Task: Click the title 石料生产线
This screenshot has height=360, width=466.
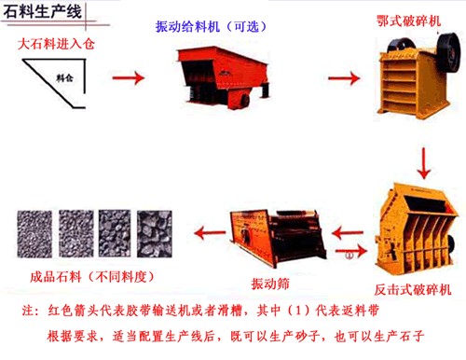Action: coord(43,12)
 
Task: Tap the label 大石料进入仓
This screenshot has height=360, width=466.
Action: coord(56,44)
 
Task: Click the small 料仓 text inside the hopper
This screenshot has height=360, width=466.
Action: coord(64,77)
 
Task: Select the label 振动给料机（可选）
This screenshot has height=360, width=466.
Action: coord(212,27)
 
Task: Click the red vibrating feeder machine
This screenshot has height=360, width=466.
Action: coord(222,77)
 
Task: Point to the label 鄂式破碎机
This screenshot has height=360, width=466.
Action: coord(408,21)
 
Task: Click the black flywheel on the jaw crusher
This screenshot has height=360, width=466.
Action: coord(448,52)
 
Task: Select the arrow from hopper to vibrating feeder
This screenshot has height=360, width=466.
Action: coord(129,77)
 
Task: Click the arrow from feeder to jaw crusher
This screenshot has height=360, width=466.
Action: coord(344,77)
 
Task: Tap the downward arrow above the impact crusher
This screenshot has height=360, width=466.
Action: coord(424,163)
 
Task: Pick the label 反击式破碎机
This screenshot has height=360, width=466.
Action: coord(413,290)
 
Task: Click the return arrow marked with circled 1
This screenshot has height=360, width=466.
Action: coord(351,251)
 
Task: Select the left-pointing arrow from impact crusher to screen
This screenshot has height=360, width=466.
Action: coord(348,232)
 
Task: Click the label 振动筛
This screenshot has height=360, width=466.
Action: coord(270,284)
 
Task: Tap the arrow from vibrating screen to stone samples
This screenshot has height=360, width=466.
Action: coord(210,232)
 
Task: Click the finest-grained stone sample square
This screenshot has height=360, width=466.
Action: coord(34,234)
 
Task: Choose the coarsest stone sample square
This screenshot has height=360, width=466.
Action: coord(155,234)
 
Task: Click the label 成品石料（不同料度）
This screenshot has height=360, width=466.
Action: coord(92,276)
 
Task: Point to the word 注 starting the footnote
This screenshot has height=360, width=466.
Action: coord(28,311)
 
